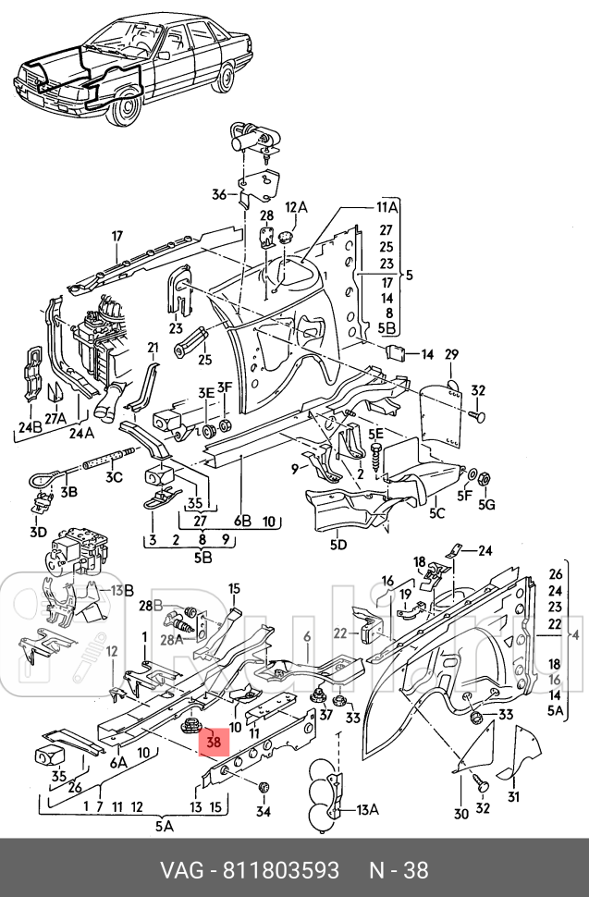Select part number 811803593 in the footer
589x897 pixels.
click(x=285, y=870)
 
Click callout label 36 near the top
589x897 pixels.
click(x=218, y=194)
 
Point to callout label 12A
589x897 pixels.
click(x=296, y=207)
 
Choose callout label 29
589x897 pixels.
click(x=451, y=355)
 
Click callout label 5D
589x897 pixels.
click(x=337, y=545)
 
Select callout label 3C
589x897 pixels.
click(x=113, y=477)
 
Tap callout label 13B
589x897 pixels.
click(x=122, y=590)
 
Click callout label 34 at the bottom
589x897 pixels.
click(x=264, y=813)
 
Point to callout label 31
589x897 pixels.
click(x=513, y=798)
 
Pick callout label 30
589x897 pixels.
click(x=460, y=813)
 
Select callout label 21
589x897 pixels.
click(x=153, y=347)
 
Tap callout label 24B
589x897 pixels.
click(x=30, y=427)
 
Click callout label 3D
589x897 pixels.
click(x=37, y=532)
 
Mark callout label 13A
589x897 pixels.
click(x=367, y=810)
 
